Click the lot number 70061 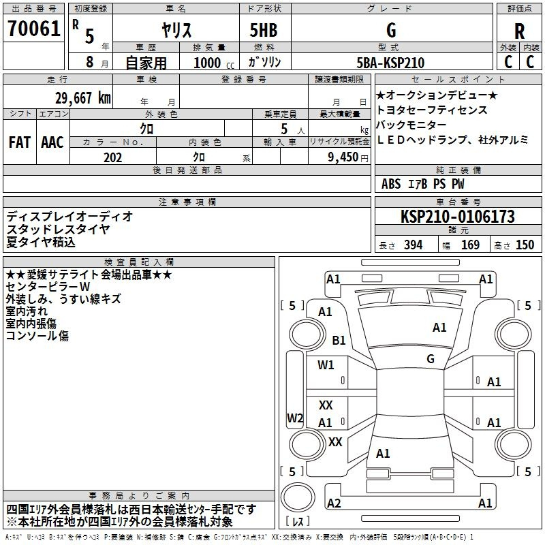coord(33,29)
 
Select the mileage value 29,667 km coord(83,98)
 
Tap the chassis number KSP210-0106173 coord(457,217)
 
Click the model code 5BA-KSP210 coord(390,63)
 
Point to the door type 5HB coord(264,30)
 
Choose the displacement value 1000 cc coord(214,63)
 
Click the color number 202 coord(112,157)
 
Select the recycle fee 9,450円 coord(348,157)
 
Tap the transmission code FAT coord(20,142)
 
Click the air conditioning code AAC coord(52,142)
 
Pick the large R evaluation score coord(519,31)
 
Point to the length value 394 coord(413,245)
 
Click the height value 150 coord(525,245)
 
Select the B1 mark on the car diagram coord(339,340)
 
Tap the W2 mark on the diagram coord(295,418)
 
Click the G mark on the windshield coord(431,358)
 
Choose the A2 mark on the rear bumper coord(334,503)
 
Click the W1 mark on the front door coord(326,365)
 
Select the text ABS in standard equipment coord(391,184)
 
